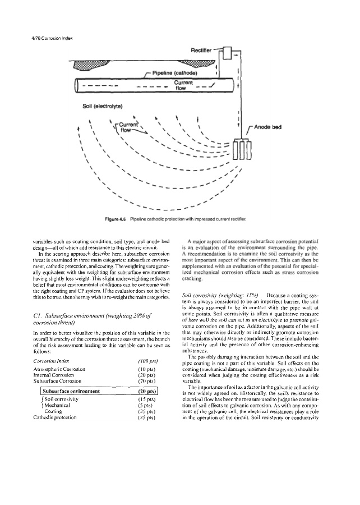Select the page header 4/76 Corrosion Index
click(x=49, y=38)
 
